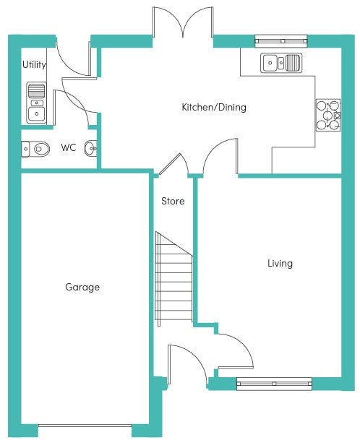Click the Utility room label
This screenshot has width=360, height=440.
pos(34,65)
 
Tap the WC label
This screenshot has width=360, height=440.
pos(69,147)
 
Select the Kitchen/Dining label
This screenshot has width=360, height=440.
pos(214,107)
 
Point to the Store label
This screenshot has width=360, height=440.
pos(173,201)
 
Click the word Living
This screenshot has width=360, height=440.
pos(280,264)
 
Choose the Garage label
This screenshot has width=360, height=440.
pos(82,287)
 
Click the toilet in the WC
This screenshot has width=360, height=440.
pos(35,149)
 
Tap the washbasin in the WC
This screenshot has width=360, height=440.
pos(90,148)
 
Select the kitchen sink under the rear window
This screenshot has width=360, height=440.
pos(281,63)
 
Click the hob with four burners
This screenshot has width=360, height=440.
pos(328,115)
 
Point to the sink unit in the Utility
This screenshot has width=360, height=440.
pos(36,103)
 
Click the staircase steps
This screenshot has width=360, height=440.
pos(173,279)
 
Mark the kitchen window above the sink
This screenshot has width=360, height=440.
pos(281,41)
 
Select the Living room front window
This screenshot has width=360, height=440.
pos(274,384)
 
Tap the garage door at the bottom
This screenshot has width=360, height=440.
pos(85,426)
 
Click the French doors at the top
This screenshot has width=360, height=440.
pos(183,22)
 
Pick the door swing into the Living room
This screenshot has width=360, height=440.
pos(236,350)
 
